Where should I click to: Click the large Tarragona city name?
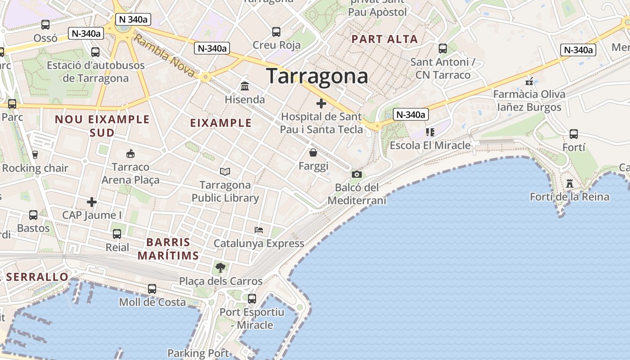coord(317,76)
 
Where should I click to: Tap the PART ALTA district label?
coord(385,39)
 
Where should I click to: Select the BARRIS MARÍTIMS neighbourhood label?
coord(168,249)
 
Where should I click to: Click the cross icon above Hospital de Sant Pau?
coord(321,104)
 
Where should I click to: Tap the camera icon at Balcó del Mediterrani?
coord(357,174)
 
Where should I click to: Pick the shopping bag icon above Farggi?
coord(313,153)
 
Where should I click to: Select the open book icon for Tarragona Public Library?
coord(225,171)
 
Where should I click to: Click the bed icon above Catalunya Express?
coord(259,230)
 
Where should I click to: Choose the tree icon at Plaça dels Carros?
coord(220,268)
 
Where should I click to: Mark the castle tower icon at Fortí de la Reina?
coord(570,184)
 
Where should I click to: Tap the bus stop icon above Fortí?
coord(574,134)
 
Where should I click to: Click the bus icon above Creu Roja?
coord(276,32)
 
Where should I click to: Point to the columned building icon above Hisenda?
coord(245,86)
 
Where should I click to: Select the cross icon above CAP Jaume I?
coord(92,202)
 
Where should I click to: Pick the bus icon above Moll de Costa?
coord(152,288)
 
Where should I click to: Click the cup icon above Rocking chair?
coord(35,155)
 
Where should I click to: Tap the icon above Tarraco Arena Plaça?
coord(130,154)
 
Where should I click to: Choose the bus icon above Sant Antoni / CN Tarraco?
coord(443,48)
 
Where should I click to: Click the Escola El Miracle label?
coord(430,145)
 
